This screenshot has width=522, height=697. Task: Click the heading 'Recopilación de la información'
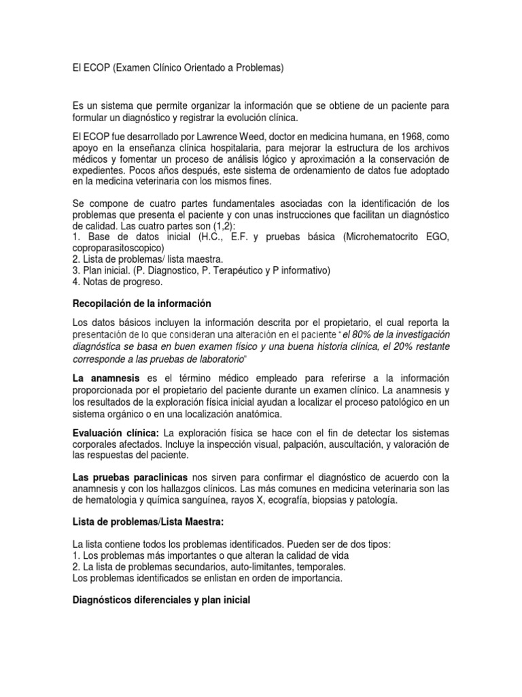click(142, 303)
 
